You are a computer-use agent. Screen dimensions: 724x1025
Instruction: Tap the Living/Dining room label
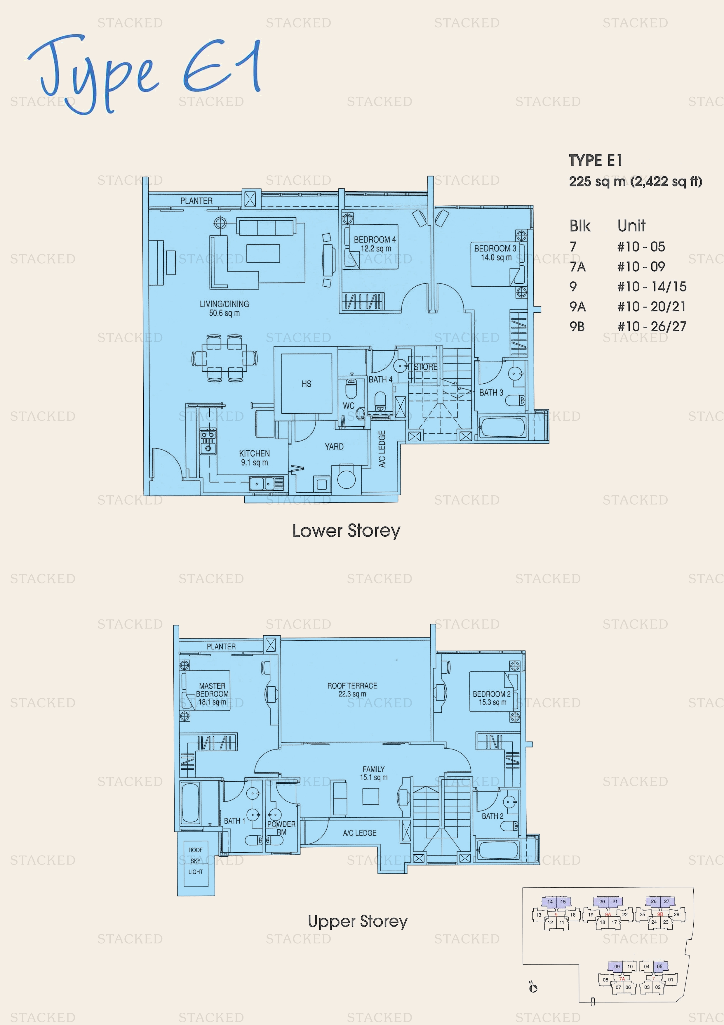coord(224,308)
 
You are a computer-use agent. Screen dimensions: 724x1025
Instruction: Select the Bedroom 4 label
coord(375,244)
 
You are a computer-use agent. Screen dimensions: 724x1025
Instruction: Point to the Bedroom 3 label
coord(495,253)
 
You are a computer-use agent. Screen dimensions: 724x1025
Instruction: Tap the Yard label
coord(334,446)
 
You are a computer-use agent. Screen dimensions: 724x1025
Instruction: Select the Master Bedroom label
coord(212,694)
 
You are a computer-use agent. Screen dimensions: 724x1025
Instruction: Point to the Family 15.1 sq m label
coord(374,773)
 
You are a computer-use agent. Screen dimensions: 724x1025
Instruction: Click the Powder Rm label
coord(281,828)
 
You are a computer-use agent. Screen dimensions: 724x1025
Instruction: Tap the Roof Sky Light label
coord(195,861)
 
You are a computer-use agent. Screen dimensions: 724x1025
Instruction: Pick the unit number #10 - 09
coord(641,266)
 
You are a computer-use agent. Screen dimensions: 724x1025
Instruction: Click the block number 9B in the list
coord(577,327)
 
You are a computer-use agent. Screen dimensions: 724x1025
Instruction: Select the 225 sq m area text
coord(597,182)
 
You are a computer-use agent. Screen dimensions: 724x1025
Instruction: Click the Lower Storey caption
coord(346,531)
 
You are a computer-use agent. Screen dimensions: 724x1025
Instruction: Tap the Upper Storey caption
coord(358,922)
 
